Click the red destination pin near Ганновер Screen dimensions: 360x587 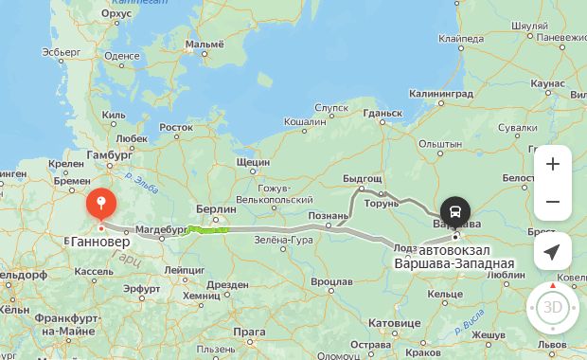point(101,204)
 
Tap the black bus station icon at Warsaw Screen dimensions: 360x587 point(454,210)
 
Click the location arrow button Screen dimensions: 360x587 point(552,251)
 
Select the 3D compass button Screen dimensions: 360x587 point(552,307)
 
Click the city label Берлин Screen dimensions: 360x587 point(216,208)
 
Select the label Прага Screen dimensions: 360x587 point(250,332)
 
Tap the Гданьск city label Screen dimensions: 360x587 point(382,113)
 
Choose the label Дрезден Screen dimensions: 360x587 point(227,283)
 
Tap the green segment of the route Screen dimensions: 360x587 point(209,229)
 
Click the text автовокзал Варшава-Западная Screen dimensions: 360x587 point(454,256)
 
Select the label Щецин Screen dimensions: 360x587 point(253,162)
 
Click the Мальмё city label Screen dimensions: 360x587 point(205,44)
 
